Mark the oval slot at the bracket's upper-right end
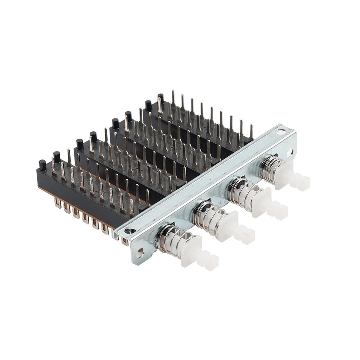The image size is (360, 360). [281, 132]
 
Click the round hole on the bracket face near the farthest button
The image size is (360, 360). [290, 152]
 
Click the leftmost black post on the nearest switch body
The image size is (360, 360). [42, 165]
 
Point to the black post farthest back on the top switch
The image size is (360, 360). [161, 97]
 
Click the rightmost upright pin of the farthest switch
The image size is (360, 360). [251, 132]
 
